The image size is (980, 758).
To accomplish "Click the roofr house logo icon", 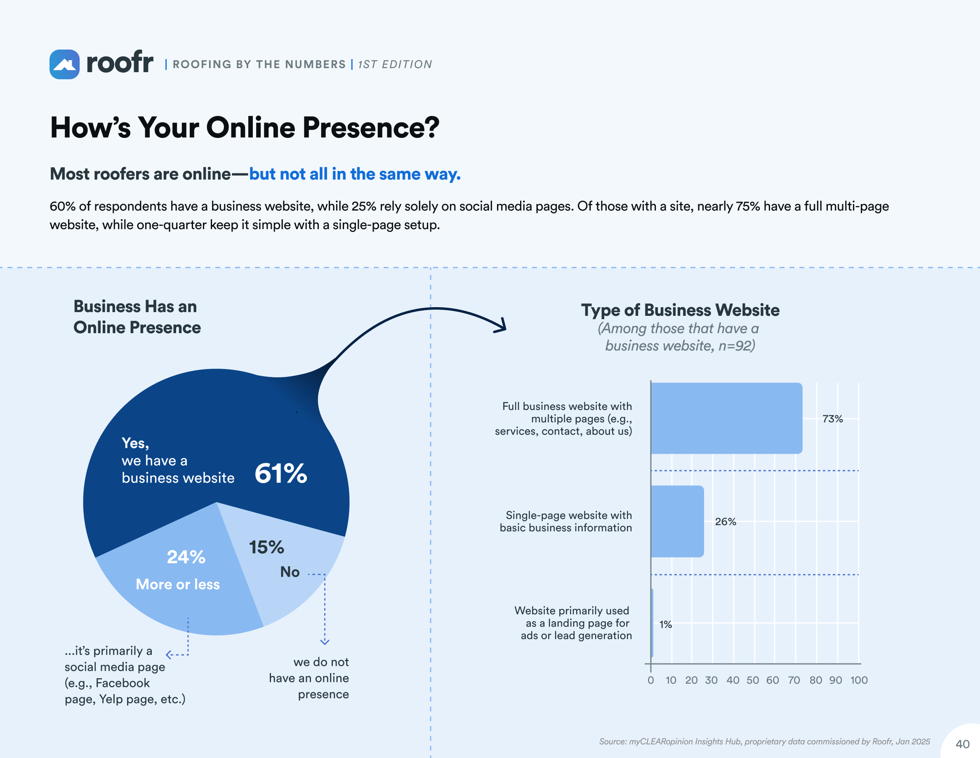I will tap(64, 65).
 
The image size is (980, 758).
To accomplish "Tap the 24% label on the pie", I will tap(186, 557).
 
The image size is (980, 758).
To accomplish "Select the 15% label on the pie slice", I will tap(266, 547).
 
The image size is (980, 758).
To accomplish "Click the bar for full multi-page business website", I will tap(726, 418).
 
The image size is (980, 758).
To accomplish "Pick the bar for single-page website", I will tap(677, 521).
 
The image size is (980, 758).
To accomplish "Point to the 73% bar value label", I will tap(832, 419).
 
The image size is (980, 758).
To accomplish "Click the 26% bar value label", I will tap(725, 522).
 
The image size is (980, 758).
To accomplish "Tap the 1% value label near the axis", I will tap(665, 625).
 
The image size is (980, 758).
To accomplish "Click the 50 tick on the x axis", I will tap(752, 680).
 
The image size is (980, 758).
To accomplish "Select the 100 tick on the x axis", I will tap(858, 680).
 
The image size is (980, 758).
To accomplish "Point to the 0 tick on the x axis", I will tap(650, 680).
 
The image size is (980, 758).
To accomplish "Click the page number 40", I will tap(962, 744).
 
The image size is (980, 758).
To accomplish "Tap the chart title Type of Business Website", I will tap(680, 310).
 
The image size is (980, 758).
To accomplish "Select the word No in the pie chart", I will tap(290, 572).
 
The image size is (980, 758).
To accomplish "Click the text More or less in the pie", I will tap(178, 584).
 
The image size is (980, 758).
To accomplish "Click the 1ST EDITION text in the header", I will tap(395, 65).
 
